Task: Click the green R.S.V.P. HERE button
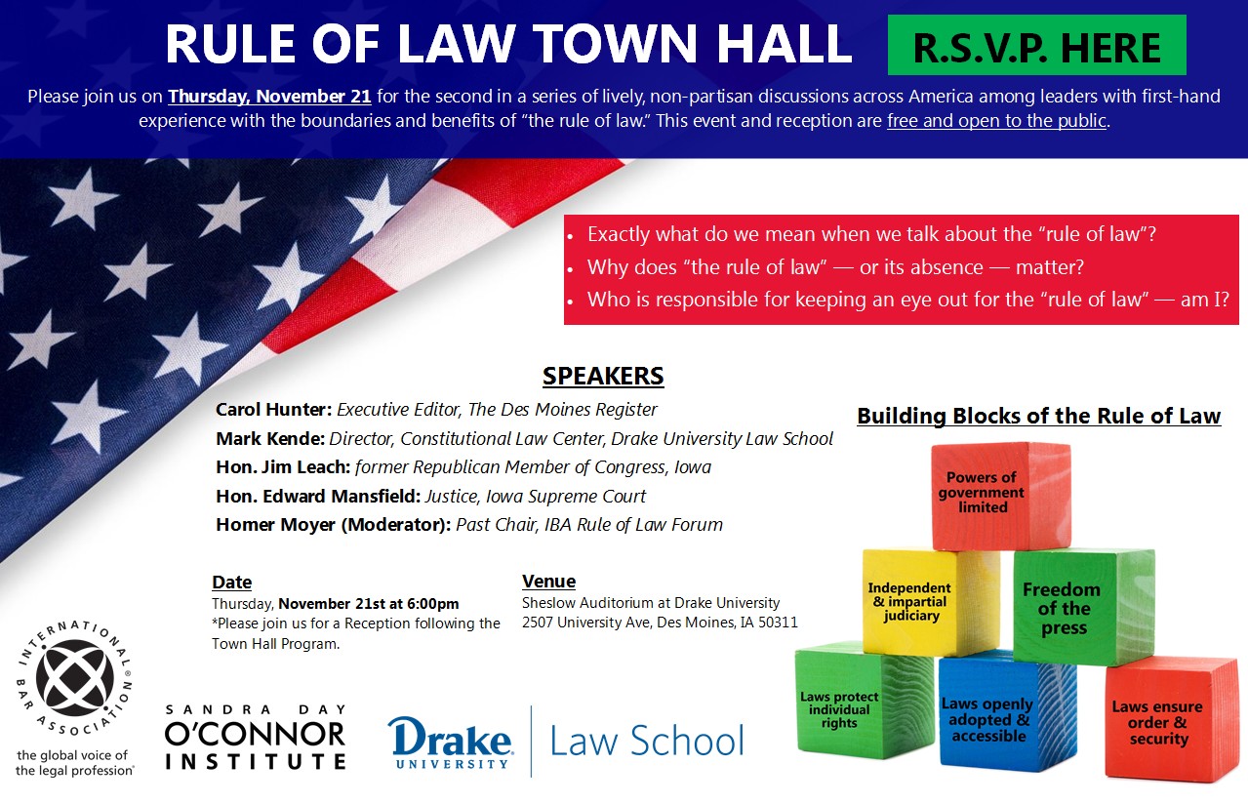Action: (1036, 46)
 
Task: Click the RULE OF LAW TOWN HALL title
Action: (508, 44)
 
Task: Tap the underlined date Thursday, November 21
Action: (269, 97)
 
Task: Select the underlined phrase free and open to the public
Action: (996, 122)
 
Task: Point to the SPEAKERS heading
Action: (603, 377)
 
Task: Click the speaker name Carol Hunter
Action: (272, 409)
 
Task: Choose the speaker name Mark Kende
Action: (270, 438)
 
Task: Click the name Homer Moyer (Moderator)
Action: (333, 525)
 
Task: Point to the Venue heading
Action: (548, 582)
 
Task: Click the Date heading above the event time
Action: (232, 583)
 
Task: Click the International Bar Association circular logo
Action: (74, 678)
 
